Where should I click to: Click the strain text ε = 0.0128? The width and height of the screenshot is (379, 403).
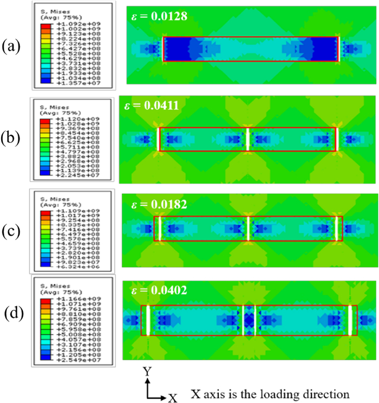pos(160,16)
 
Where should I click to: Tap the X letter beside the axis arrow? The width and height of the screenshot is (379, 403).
pos(173,397)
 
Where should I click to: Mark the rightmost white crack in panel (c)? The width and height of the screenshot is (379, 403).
pos(337,228)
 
